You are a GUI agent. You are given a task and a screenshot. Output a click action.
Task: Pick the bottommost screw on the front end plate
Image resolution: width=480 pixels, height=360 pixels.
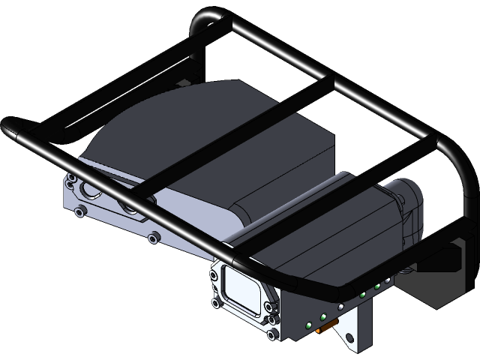click(271, 335)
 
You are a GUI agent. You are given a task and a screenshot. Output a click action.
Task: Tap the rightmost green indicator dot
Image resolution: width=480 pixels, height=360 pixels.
click(387, 281)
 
